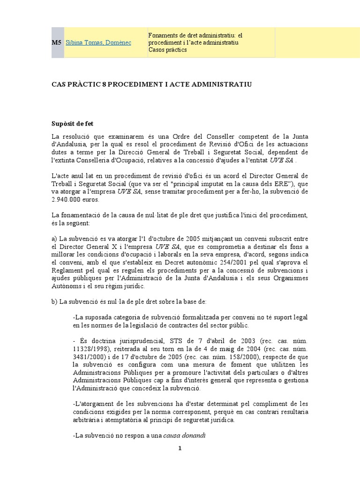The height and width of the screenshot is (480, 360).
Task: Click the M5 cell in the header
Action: (56, 43)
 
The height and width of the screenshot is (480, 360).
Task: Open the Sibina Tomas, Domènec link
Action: (99, 43)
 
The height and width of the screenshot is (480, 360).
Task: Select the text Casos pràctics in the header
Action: (167, 50)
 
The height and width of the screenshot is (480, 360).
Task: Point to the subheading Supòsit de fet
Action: (72, 124)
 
